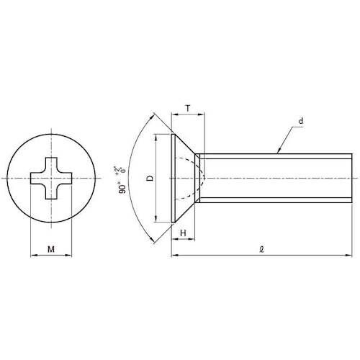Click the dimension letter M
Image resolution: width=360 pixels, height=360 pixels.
[51, 249]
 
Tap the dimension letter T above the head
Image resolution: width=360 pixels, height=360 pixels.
[188, 109]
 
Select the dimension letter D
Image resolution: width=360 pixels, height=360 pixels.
[150, 178]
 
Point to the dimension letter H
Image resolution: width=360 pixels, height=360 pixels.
[183, 233]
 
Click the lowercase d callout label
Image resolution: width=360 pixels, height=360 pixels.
[301, 121]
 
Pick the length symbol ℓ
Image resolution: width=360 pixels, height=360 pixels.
[261, 249]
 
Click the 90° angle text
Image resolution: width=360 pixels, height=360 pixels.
[122, 189]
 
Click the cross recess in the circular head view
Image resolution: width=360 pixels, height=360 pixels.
[51, 178]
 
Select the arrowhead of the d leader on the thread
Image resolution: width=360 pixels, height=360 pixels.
[279, 150]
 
